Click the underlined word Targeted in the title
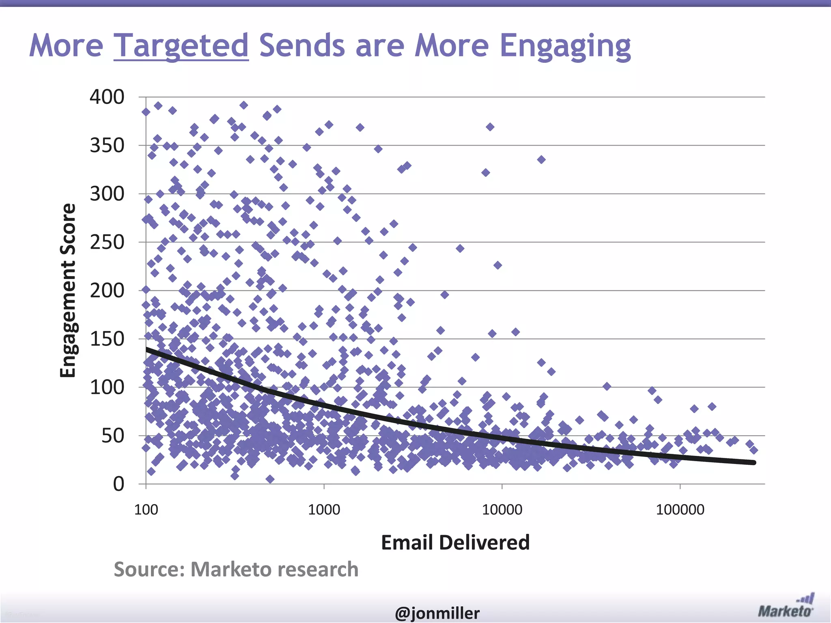pos(181,45)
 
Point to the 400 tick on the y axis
pos(107,97)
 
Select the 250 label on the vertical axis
pos(107,242)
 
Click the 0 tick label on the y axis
pos(118,484)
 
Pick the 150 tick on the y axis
pos(107,339)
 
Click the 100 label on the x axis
pos(146,509)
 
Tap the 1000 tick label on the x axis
pos(324,509)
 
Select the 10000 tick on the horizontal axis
pos(502,509)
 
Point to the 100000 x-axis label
pos(680,509)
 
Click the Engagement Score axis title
pos(68,290)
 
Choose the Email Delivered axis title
pos(455,542)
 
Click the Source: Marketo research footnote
pos(236,569)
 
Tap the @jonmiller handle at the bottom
pos(437,613)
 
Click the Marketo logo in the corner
pos(786,607)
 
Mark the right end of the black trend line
pos(753,462)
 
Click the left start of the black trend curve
pos(147,349)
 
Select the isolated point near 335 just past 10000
pos(541,159)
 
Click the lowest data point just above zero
pos(270,479)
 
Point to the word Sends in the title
pos(302,45)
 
